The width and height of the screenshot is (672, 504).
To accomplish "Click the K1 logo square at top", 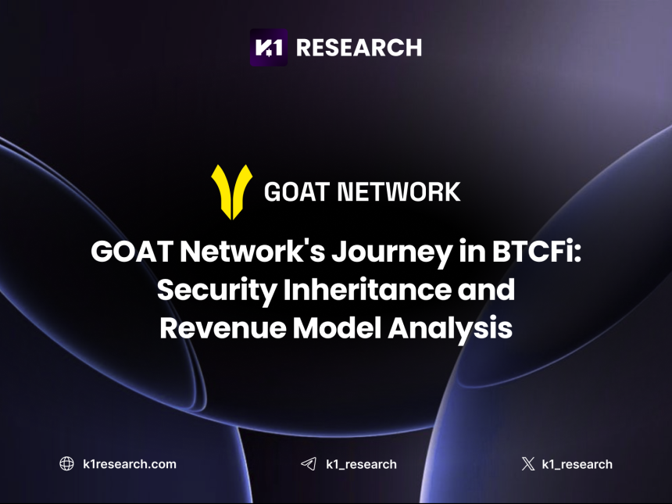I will (268, 47).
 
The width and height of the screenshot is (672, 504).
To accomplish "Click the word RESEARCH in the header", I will (359, 48).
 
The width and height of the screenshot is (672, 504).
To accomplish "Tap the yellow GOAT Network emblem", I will (231, 191).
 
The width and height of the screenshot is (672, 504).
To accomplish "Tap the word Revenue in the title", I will (223, 327).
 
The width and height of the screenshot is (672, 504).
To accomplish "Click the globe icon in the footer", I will (67, 463).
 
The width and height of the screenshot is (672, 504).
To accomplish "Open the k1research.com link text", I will (129, 464).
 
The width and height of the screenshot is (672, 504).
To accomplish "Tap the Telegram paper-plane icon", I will (309, 464).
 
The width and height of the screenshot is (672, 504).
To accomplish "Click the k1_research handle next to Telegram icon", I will (361, 464).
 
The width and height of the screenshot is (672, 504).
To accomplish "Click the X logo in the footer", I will (528, 464).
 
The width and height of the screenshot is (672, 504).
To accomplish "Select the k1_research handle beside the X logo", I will (577, 464).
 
